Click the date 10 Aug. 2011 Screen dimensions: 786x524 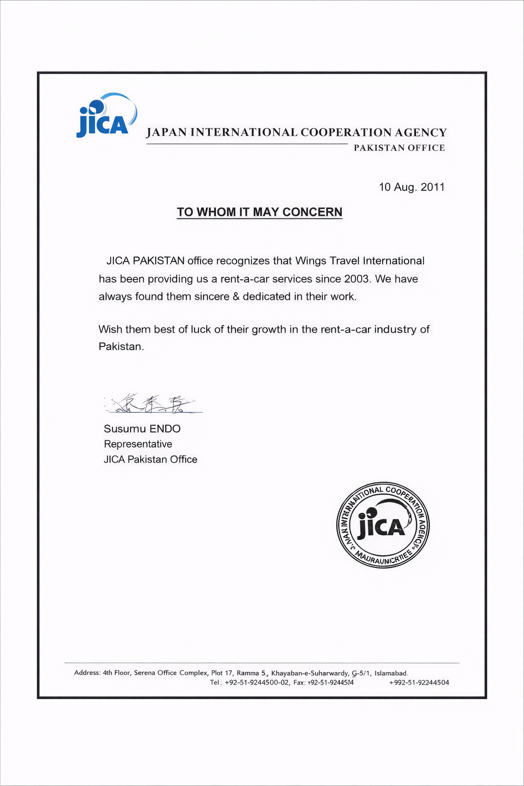[411, 187]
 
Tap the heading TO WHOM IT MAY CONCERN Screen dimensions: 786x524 [259, 212]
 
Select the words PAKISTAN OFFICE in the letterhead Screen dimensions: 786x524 [399, 148]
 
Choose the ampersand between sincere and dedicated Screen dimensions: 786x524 [236, 297]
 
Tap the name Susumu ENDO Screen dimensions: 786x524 [142, 429]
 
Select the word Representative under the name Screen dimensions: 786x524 [138, 444]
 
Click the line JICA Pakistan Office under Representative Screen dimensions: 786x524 [150, 460]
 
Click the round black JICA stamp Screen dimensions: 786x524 [383, 526]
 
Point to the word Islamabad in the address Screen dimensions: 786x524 [391, 673]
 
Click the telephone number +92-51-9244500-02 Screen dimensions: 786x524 [257, 683]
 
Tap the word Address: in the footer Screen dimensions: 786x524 [87, 673]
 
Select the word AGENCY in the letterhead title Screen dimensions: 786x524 [421, 133]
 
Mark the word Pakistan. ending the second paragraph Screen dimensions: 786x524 [121, 347]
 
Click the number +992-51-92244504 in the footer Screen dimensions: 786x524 [419, 683]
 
